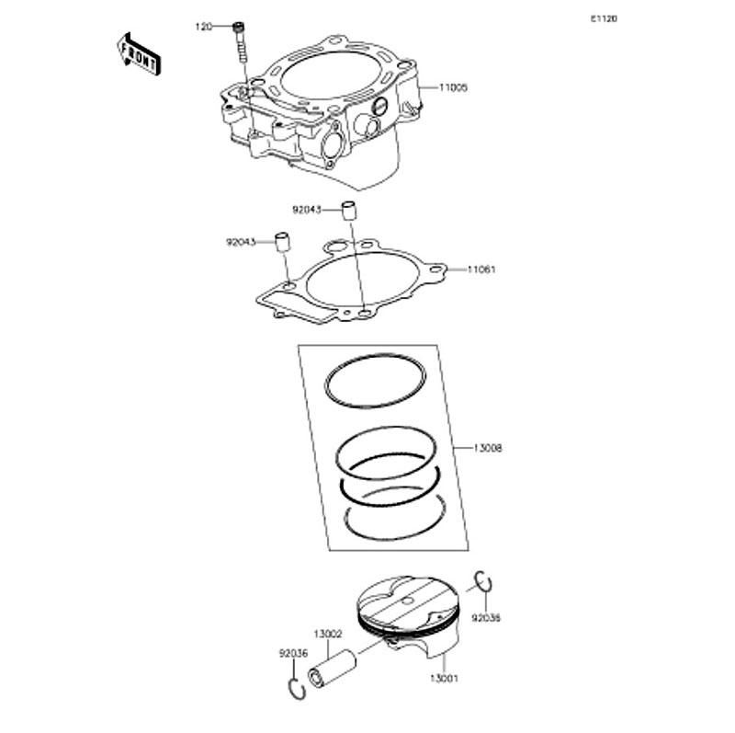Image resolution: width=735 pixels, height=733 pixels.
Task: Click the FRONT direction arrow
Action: [139, 53]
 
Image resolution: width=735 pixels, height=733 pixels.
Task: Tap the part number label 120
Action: [203, 27]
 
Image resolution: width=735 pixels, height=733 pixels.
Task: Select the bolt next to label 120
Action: [240, 42]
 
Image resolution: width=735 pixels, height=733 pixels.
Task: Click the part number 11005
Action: [453, 87]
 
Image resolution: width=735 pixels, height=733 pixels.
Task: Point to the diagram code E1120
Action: [604, 18]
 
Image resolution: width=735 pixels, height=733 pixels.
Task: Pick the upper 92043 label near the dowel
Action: [307, 210]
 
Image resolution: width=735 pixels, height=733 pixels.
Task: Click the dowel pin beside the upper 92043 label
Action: [348, 211]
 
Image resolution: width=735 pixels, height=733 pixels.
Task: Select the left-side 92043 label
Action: [241, 242]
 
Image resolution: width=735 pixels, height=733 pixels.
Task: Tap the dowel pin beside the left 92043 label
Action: [283, 242]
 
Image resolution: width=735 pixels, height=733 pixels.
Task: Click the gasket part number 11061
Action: [481, 269]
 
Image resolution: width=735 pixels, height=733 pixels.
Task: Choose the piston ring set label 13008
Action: [488, 448]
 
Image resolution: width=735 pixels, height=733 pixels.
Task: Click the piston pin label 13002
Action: [328, 634]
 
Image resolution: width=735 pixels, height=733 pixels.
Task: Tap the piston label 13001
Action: [444, 678]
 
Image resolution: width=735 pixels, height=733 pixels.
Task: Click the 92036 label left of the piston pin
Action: [293, 653]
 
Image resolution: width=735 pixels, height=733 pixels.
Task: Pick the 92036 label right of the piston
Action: [486, 618]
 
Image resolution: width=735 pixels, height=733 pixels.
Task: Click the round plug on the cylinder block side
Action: [380, 107]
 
